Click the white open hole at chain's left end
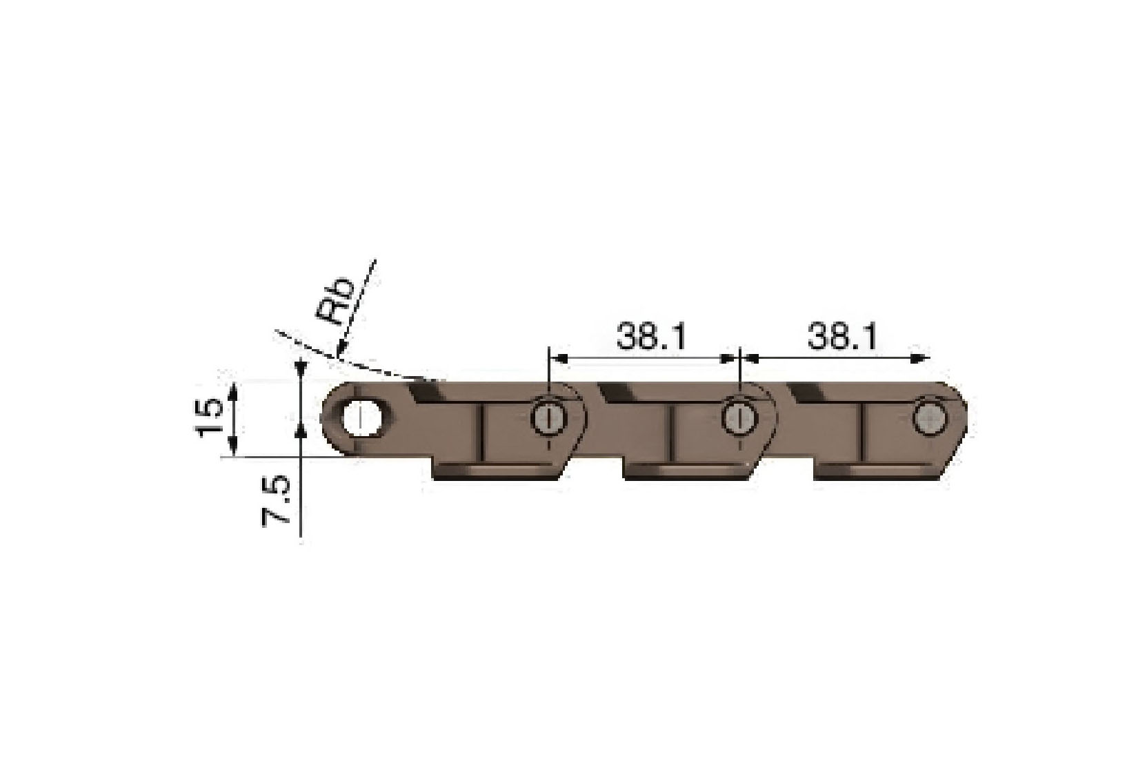tap(360, 418)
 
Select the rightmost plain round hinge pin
tap(930, 417)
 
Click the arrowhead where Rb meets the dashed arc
tap(339, 353)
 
